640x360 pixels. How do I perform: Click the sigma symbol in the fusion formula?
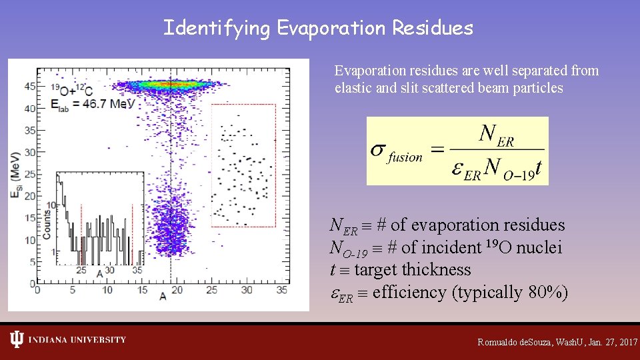coord(378,149)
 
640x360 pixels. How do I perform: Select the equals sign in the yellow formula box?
coord(436,151)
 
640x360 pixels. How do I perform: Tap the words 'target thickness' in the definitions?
coord(412,270)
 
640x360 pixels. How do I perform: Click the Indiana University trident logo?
coord(17,340)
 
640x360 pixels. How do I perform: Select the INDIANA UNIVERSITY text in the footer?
coord(77,340)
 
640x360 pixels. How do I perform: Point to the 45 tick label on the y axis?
coord(29,87)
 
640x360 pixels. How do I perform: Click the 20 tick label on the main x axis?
coord(177,290)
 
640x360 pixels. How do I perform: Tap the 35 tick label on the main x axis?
coord(282,290)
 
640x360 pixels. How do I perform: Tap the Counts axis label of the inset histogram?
coord(48,225)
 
